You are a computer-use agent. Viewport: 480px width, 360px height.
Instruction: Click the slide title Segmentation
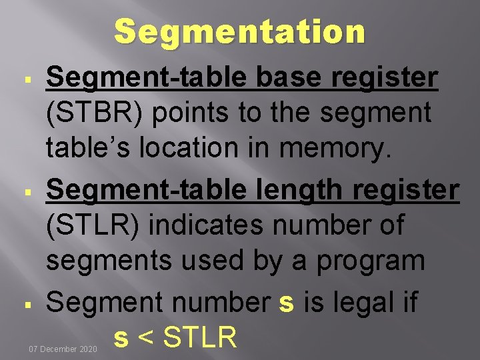[240, 31]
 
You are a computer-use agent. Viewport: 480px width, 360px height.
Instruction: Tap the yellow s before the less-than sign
[121, 337]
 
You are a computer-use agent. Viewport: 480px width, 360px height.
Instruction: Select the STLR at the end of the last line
[199, 337]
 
